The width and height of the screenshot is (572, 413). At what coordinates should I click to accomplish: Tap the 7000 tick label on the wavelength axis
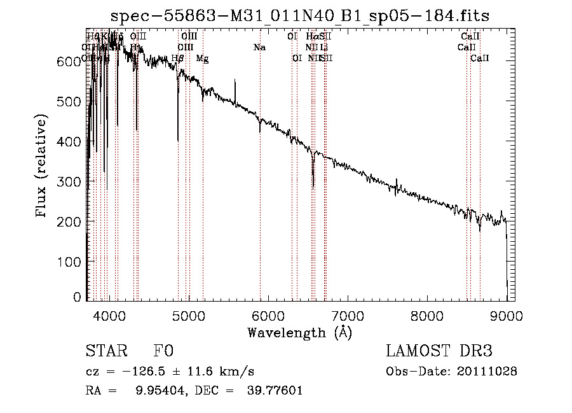348,314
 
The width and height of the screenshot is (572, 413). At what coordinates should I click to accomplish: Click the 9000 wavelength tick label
507,314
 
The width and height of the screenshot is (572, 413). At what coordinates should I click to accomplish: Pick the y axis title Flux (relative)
42,167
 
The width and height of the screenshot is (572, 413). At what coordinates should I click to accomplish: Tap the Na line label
259,47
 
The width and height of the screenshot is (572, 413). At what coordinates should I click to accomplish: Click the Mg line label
202,59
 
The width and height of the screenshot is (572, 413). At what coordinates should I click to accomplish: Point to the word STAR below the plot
104,352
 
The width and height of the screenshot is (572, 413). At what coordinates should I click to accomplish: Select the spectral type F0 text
163,352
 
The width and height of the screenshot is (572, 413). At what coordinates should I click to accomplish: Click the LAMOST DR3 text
439,352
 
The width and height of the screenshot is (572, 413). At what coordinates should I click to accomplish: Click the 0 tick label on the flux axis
78,297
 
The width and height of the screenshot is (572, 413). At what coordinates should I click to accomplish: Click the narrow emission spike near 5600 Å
236,81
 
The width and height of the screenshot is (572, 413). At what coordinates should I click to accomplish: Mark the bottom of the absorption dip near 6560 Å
313,187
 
